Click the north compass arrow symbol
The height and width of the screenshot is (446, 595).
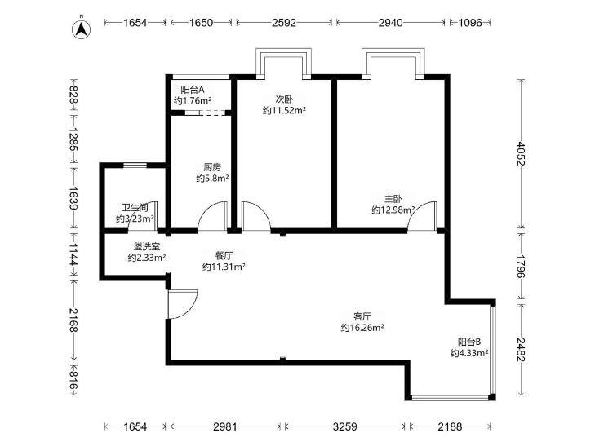click(82, 29)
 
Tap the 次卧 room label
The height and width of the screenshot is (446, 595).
click(284, 99)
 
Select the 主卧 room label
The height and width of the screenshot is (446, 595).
click(393, 199)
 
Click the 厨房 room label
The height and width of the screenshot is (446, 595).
click(212, 167)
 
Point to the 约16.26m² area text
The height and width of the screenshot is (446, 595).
click(362, 328)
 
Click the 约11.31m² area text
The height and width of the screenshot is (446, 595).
click(224, 267)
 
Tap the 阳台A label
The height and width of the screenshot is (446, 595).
click(193, 90)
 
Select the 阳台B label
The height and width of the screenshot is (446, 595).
click(469, 342)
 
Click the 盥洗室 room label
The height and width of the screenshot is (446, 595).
click(146, 247)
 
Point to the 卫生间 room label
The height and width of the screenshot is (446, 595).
click(135, 208)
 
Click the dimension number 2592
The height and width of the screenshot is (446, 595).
click(284, 23)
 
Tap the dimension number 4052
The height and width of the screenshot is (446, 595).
click(520, 153)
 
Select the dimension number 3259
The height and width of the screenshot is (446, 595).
click(345, 427)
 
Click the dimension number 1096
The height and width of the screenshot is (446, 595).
click(470, 23)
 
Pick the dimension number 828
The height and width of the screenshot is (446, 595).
click(73, 95)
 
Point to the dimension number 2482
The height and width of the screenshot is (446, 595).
click(520, 349)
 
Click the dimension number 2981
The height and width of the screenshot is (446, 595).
click(225, 427)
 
